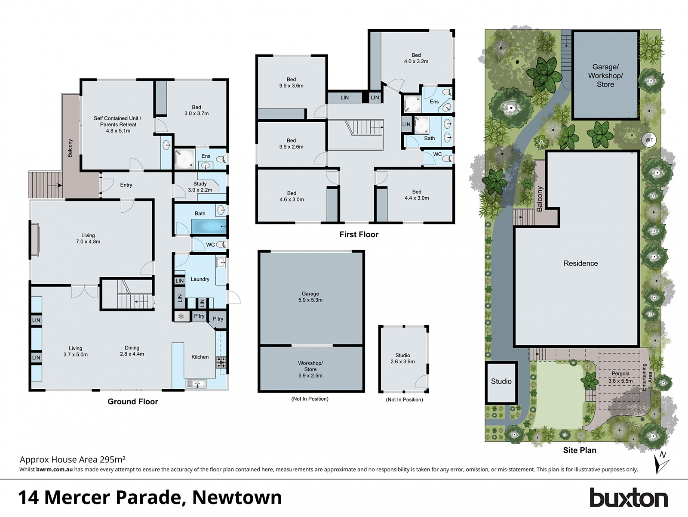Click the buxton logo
(x=628, y=498)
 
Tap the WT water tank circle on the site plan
(x=649, y=139)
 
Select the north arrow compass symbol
(x=661, y=462)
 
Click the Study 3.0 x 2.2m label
(x=200, y=187)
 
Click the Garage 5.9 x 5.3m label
(x=310, y=297)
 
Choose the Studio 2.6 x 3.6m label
(x=402, y=359)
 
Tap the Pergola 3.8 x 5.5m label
(x=620, y=377)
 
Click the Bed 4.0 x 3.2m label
(x=416, y=58)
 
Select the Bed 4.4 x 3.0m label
(x=417, y=195)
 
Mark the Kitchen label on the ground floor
(x=200, y=357)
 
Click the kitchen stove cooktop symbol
(x=221, y=362)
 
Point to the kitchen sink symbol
(x=196, y=383)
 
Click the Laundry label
(x=200, y=279)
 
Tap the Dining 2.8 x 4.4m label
(x=132, y=351)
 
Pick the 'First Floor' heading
(x=359, y=235)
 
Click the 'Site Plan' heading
(x=580, y=450)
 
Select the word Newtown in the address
(x=237, y=498)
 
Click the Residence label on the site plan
(x=580, y=263)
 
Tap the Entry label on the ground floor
(x=126, y=185)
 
